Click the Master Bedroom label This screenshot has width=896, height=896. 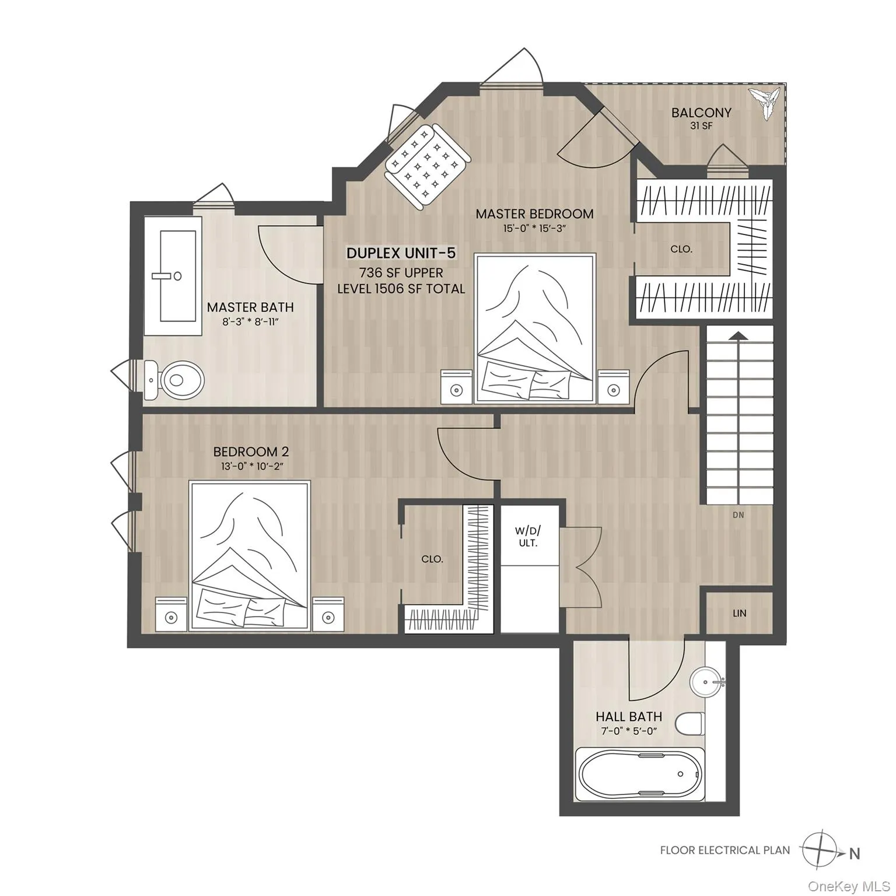(x=534, y=214)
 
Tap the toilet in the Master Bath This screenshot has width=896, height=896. (x=176, y=380)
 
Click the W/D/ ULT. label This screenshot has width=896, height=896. (x=527, y=536)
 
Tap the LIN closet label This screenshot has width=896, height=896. (x=739, y=613)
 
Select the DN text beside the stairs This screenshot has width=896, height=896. (x=738, y=515)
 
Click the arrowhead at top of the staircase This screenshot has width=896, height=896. (x=738, y=335)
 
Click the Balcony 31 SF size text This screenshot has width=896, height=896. (x=701, y=126)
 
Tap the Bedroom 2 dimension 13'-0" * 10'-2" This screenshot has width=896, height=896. (x=251, y=466)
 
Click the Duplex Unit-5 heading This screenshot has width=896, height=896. (x=401, y=253)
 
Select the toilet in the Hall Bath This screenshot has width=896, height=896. (x=689, y=724)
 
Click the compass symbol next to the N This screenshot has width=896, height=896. (x=820, y=849)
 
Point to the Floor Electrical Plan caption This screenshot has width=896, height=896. (x=724, y=850)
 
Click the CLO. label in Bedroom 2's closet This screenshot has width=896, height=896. (x=432, y=559)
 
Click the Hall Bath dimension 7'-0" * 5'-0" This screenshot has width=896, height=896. (x=628, y=731)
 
